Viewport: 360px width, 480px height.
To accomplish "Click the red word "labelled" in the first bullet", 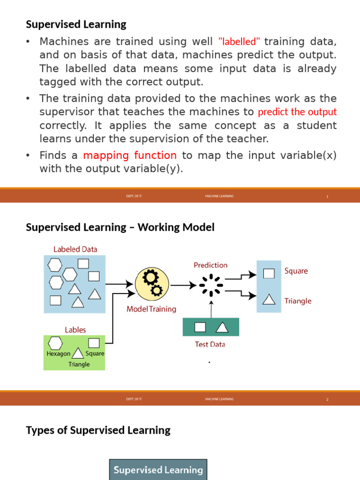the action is (239, 41).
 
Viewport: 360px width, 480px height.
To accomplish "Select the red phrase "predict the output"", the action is (297, 112).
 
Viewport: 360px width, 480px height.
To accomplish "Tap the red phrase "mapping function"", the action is (130, 155).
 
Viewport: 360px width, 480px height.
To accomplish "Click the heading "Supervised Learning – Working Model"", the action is (120, 227).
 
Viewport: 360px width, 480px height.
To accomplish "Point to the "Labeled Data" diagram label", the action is (75, 249).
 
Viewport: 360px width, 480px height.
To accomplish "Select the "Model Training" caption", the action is (151, 309).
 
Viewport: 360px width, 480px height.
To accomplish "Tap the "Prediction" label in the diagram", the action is (210, 265).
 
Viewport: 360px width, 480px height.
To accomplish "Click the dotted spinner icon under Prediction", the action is (211, 285).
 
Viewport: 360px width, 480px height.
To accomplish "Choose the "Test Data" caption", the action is (210, 344).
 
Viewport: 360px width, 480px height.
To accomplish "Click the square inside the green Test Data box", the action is (200, 327).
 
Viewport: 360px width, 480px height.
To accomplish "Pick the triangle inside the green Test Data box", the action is (222, 327).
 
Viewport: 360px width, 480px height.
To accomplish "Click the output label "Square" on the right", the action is (296, 271).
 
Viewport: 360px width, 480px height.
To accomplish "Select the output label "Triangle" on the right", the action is (298, 301).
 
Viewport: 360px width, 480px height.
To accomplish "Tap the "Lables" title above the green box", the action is (75, 330).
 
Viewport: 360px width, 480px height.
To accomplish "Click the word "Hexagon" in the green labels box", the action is (59, 354).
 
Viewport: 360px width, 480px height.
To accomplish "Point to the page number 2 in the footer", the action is (327, 399).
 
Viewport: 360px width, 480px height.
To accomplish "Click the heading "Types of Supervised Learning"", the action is (98, 430).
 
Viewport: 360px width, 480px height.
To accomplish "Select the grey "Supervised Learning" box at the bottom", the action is (158, 470).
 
